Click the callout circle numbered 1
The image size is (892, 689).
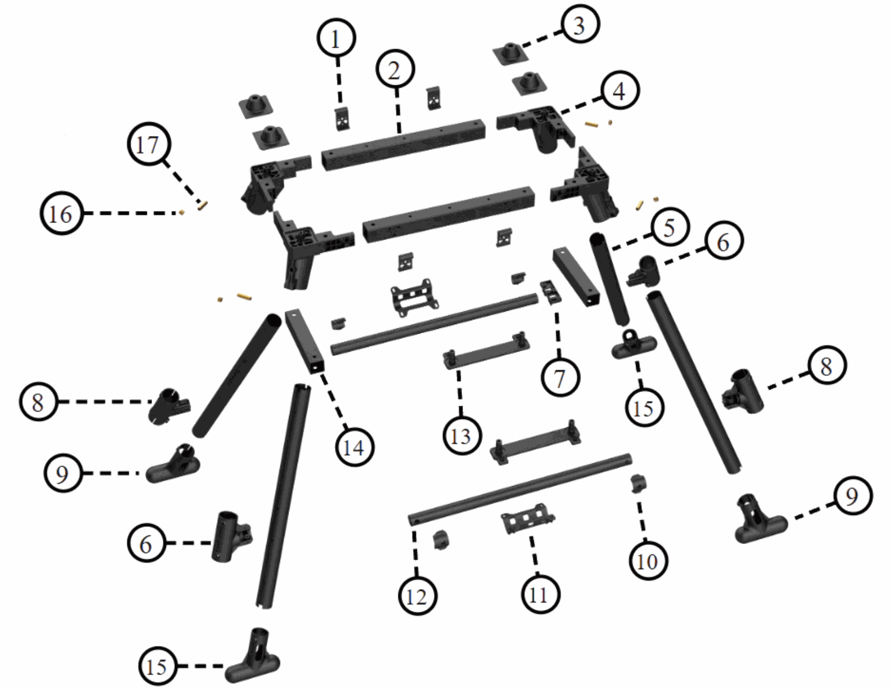(x=336, y=39)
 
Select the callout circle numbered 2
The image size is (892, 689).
(x=395, y=70)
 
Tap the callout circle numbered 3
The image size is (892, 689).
(x=580, y=24)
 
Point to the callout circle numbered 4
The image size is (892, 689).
(x=620, y=91)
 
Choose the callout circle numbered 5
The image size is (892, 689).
(x=669, y=228)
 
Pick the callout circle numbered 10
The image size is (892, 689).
(x=648, y=561)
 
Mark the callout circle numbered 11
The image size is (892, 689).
(x=539, y=594)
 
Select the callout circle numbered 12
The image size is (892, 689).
(x=417, y=596)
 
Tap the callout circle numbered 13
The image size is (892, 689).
(x=461, y=435)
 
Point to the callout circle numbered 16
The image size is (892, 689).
(x=61, y=214)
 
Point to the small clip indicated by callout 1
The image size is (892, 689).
(x=342, y=119)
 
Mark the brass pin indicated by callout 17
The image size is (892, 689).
(x=203, y=204)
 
